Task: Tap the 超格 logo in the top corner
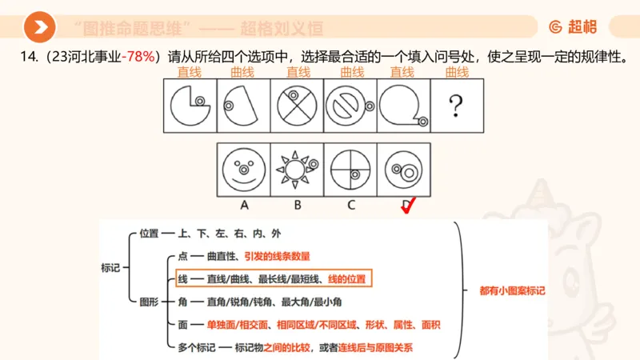pyautogui.click(x=573, y=27)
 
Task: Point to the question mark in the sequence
pyautogui.click(x=456, y=105)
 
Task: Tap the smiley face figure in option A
pyautogui.click(x=243, y=169)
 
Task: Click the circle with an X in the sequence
pyautogui.click(x=295, y=105)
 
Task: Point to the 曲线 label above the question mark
pyautogui.click(x=456, y=73)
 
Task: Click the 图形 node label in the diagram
pyautogui.click(x=150, y=302)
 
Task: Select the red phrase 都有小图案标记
pyautogui.click(x=512, y=291)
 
